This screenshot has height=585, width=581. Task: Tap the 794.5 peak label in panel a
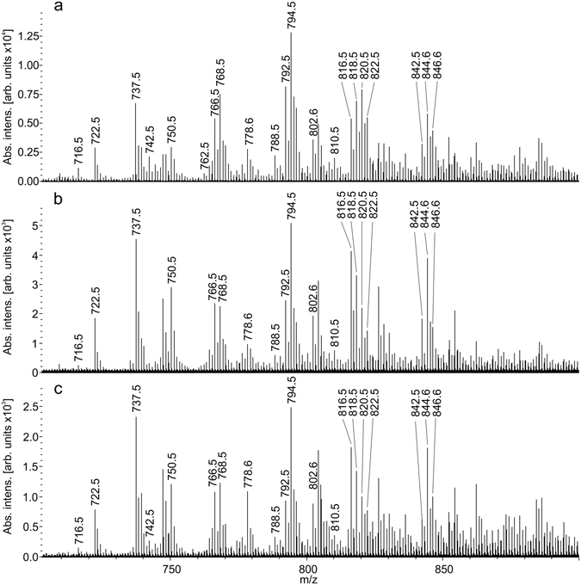tap(292, 16)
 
